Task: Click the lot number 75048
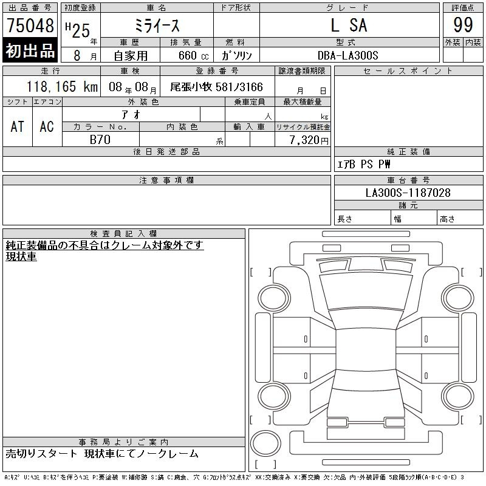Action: point(30,26)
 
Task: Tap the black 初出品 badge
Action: point(30,50)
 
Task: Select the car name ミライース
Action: point(157,26)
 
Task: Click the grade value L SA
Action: point(349,25)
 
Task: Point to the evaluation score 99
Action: point(463,25)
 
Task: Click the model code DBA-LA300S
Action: point(347,55)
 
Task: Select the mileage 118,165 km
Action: point(62,86)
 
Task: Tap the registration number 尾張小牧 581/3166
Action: point(216,87)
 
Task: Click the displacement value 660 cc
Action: point(193,55)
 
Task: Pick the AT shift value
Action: point(18,126)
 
